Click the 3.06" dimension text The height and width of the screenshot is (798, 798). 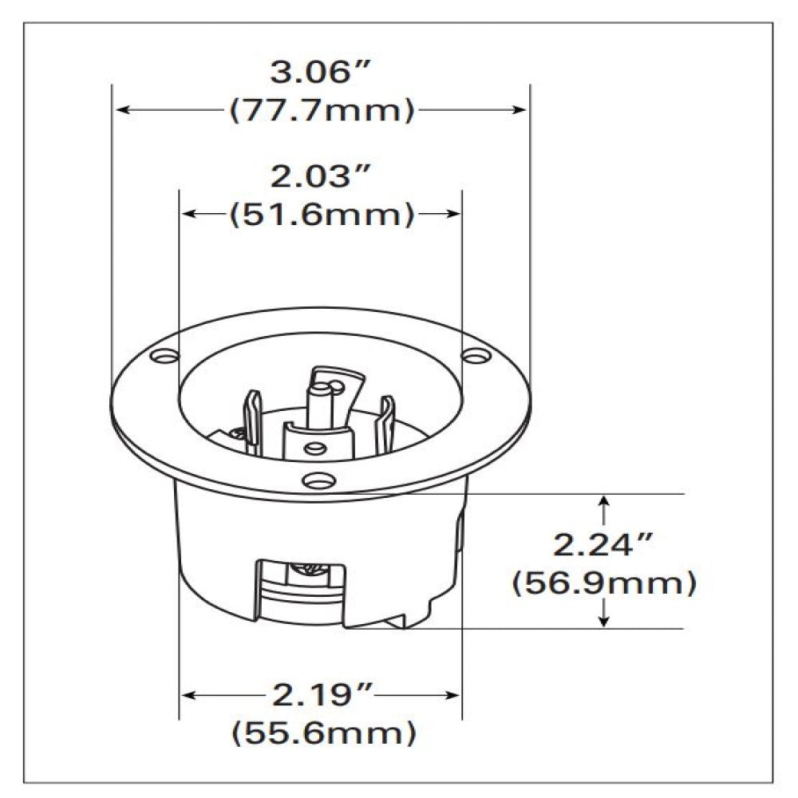tap(321, 74)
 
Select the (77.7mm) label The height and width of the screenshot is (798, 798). tap(321, 110)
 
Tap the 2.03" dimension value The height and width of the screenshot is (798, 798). tap(321, 177)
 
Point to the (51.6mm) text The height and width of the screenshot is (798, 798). tap(321, 214)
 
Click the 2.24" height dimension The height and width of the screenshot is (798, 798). tap(604, 546)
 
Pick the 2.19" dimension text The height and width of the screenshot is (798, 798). tap(321, 696)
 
